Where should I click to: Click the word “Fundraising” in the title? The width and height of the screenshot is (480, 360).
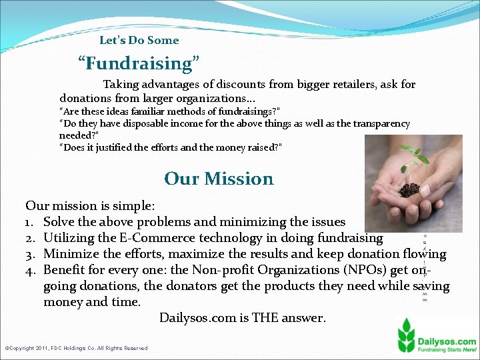click(x=139, y=63)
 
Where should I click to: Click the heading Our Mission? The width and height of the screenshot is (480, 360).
click(x=219, y=179)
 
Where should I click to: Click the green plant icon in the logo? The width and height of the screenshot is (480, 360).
click(x=406, y=333)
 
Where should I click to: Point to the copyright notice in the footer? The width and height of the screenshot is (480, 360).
click(x=76, y=348)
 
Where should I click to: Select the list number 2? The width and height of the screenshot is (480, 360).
click(x=30, y=238)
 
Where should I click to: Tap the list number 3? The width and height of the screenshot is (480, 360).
click(x=30, y=254)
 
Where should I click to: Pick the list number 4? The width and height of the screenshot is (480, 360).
click(x=30, y=270)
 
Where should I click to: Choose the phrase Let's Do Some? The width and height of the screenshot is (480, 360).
click(x=139, y=40)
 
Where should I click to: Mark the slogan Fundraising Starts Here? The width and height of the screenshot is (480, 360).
click(x=447, y=351)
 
